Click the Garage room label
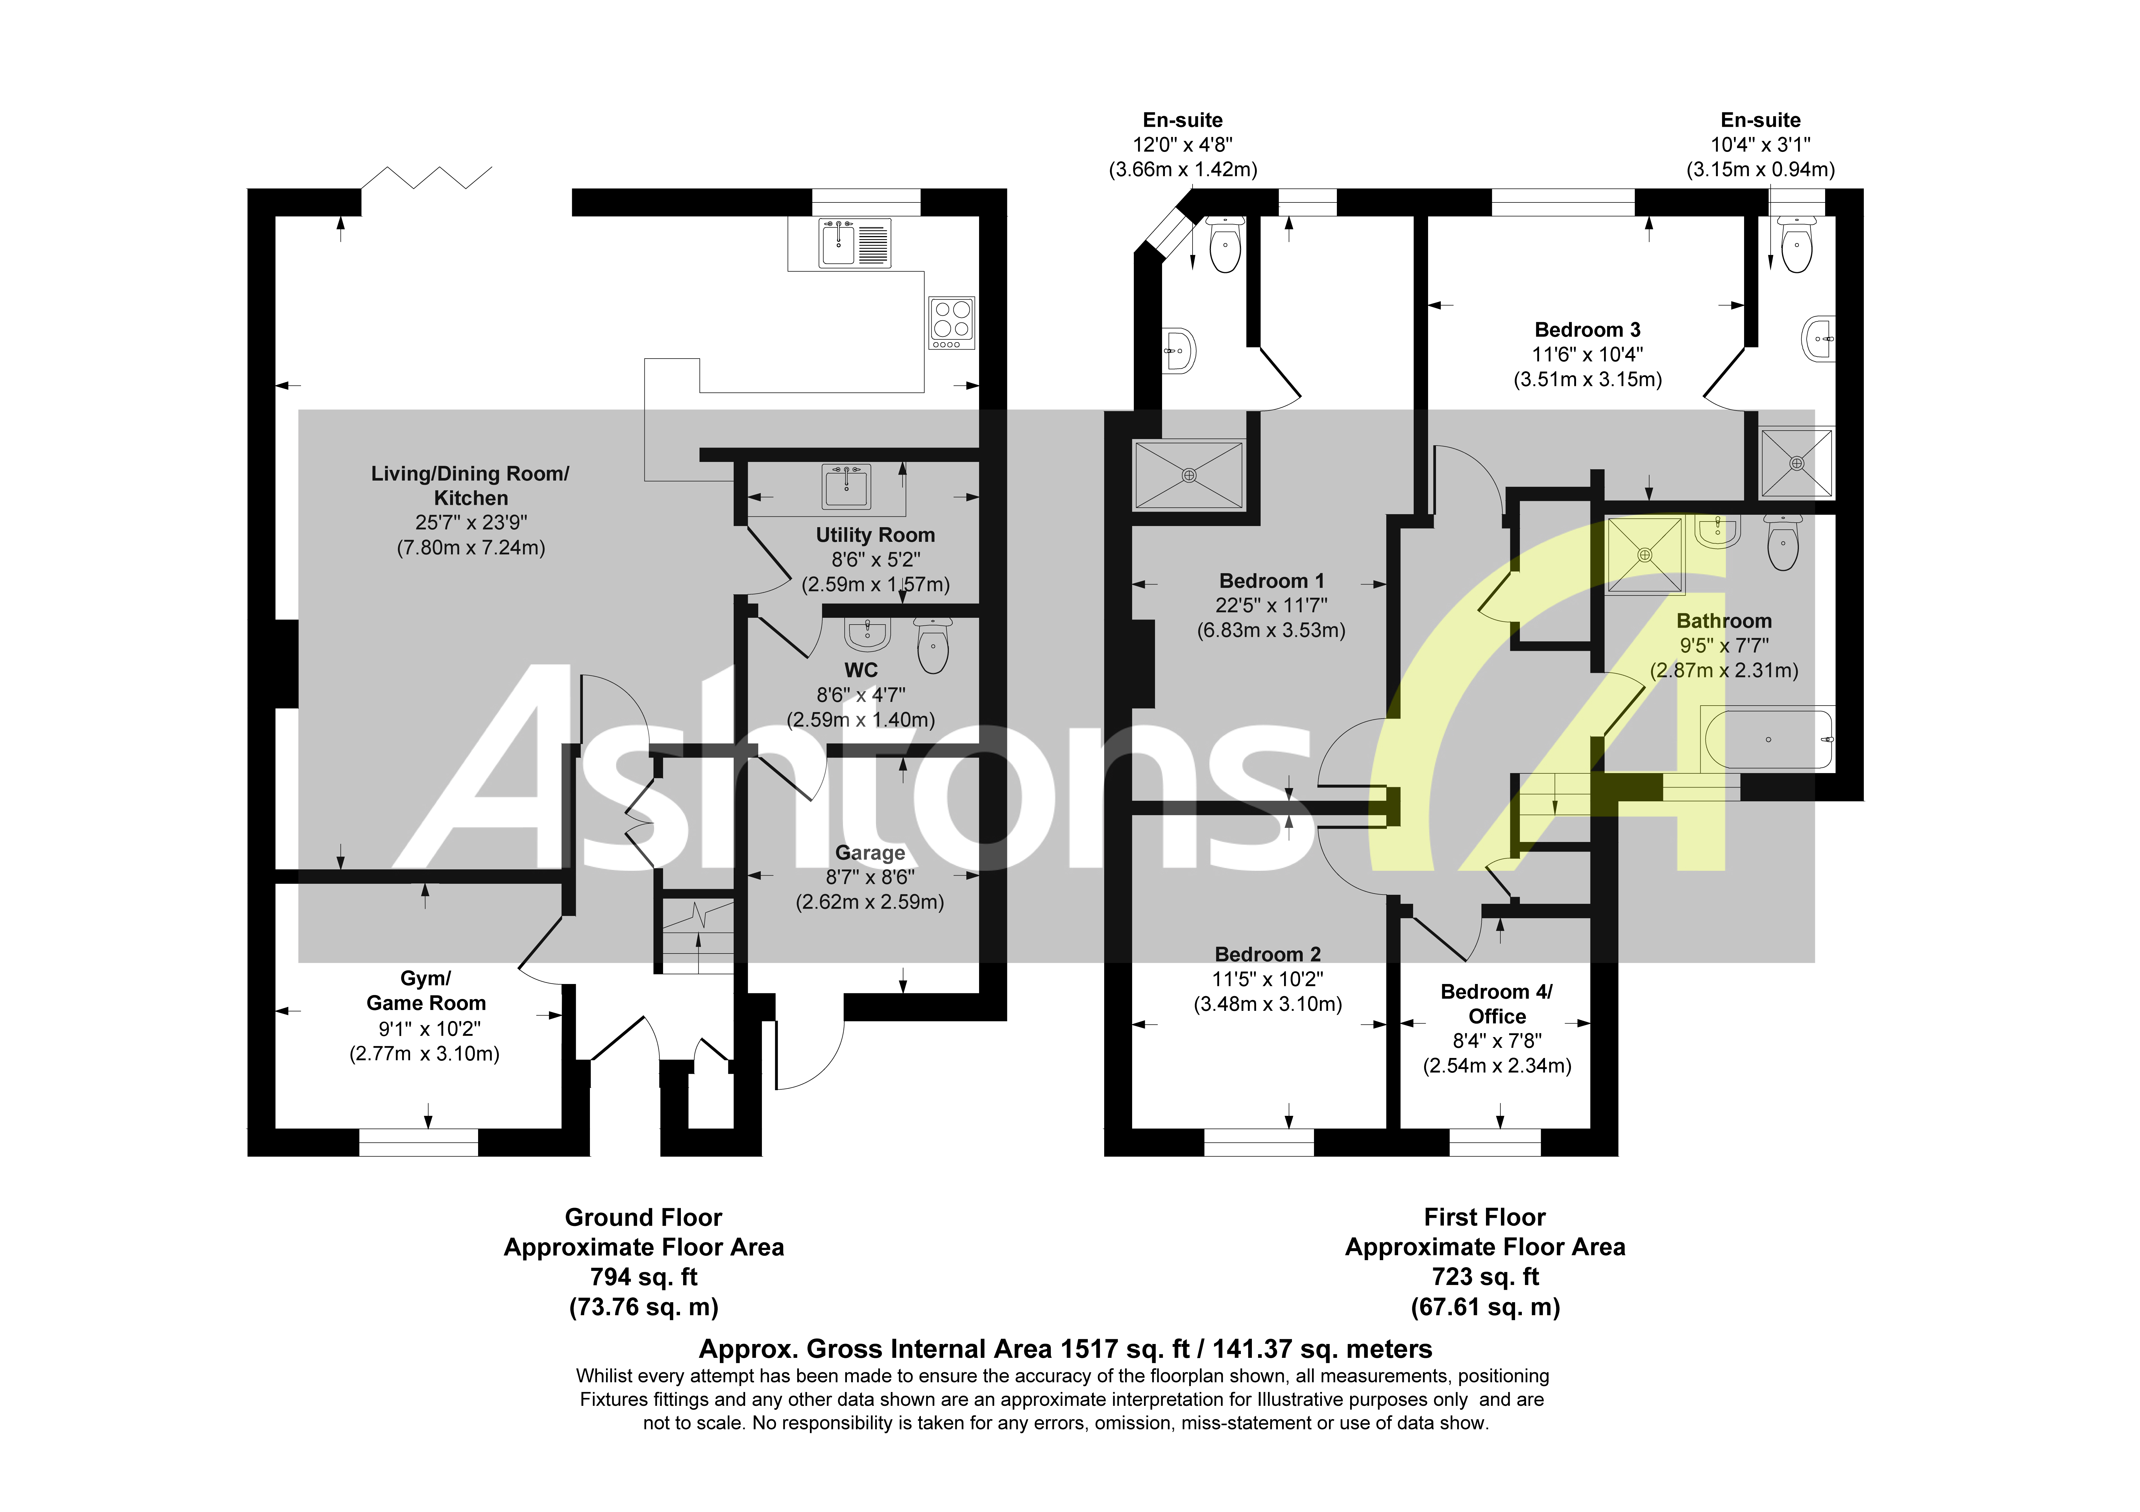pos(869,853)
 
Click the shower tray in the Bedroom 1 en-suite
pos(1188,475)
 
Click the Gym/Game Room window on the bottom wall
pos(419,1142)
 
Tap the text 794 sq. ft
pos(643,1277)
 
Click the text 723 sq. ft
pos(1485,1277)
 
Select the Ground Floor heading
pos(643,1218)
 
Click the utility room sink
pos(846,486)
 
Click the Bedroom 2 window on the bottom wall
pos(1259,1142)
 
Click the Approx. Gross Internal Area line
pos(1065,1349)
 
